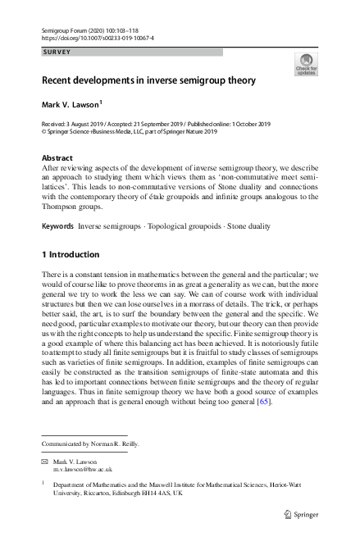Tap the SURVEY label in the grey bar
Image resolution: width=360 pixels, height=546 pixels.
[57, 52]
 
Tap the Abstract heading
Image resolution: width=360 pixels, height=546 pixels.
[59, 156]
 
